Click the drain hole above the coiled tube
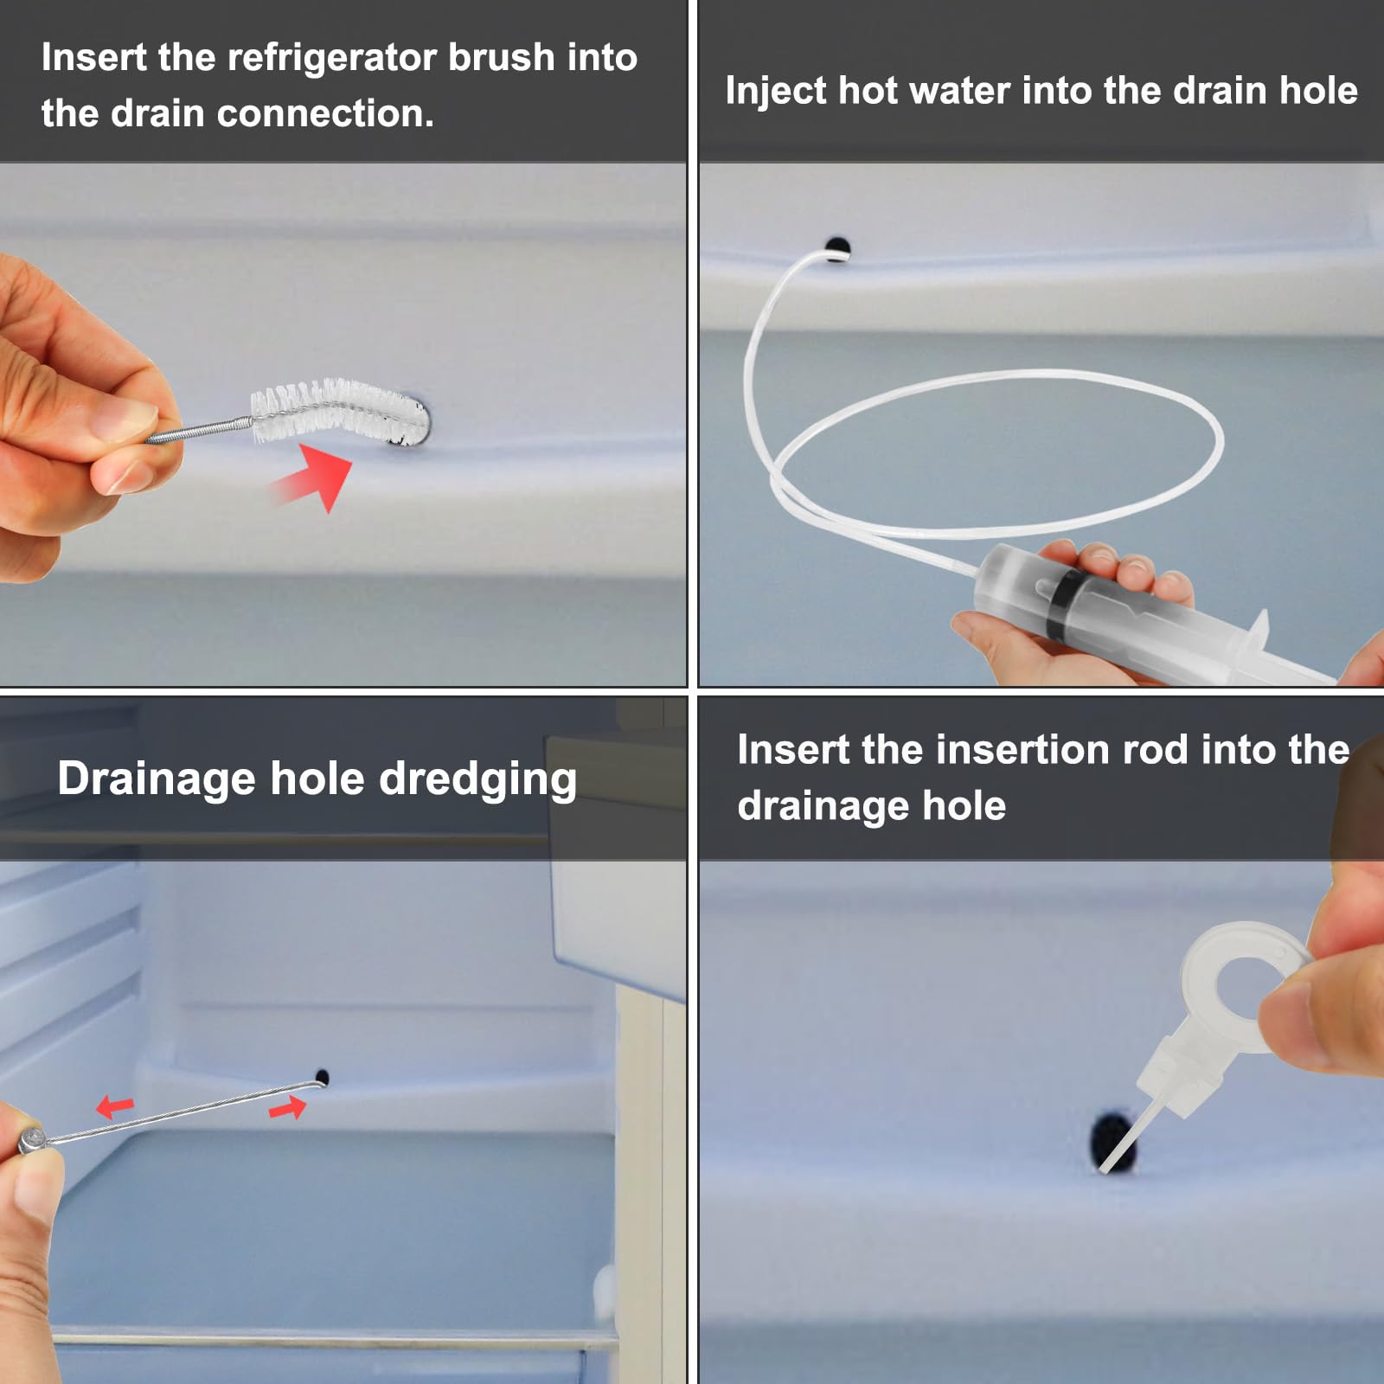pos(838,247)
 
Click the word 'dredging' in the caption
pos(477,779)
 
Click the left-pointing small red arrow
pos(115,1105)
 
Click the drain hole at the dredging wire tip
pos(322,1077)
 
